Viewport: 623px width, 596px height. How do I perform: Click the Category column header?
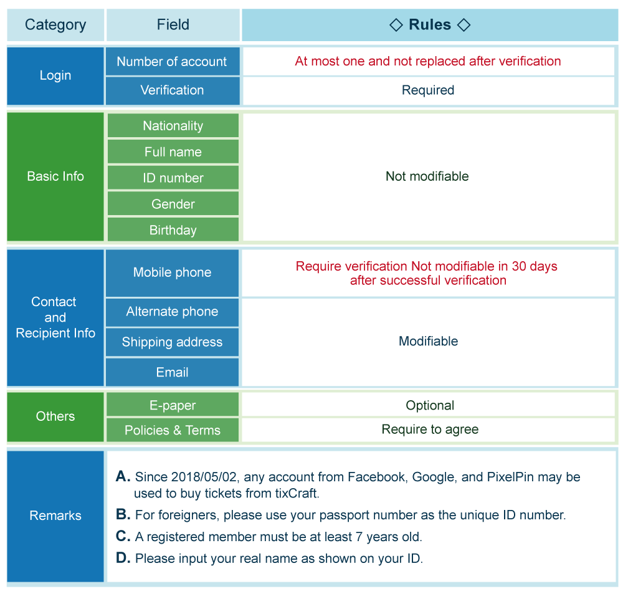55,25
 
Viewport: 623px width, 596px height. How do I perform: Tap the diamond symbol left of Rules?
396,25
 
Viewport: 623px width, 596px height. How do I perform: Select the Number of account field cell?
173,61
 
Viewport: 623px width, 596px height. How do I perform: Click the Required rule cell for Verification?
428,90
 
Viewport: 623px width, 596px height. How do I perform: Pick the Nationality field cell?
173,126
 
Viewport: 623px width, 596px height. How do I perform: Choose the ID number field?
173,178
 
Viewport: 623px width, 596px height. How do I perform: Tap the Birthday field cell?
173,230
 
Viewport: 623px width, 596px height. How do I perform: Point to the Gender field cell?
173,204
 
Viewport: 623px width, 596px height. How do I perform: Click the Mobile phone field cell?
172,273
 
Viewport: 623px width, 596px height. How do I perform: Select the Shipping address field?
172,342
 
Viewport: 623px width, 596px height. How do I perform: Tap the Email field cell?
172,372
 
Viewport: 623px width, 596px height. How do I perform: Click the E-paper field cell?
173,405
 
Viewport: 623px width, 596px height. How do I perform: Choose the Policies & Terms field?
173,430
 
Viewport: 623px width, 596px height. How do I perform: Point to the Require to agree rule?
430,430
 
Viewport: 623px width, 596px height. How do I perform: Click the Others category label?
55,416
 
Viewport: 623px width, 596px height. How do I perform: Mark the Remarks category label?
55,516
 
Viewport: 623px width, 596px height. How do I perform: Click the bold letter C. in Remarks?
123,536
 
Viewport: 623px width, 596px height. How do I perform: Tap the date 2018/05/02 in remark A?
204,477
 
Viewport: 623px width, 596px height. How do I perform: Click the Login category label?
55,76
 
